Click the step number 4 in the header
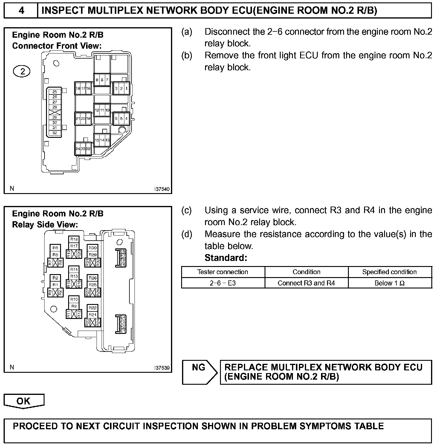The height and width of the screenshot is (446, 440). pyautogui.click(x=21, y=11)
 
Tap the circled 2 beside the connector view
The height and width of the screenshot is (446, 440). pyautogui.click(x=22, y=72)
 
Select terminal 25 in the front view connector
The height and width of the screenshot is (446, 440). pyautogui.click(x=55, y=92)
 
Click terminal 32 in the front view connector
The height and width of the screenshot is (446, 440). pyautogui.click(x=55, y=133)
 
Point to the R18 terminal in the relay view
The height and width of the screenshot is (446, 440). pyautogui.click(x=74, y=239)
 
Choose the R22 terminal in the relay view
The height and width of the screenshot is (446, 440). pyautogui.click(x=93, y=308)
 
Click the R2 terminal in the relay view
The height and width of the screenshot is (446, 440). pyautogui.click(x=55, y=278)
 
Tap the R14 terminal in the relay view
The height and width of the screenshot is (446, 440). pyautogui.click(x=74, y=269)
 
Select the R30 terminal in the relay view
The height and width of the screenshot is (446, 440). pyautogui.click(x=93, y=248)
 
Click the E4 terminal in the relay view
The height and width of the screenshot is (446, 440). pyautogui.click(x=123, y=317)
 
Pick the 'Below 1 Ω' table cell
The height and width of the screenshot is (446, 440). pyautogui.click(x=389, y=283)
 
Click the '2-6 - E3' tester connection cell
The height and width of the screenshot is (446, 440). pyautogui.click(x=223, y=283)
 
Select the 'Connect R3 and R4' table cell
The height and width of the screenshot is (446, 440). pyautogui.click(x=306, y=283)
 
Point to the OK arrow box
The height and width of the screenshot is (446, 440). pyautogui.click(x=24, y=401)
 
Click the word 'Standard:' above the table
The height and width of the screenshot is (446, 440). pyautogui.click(x=226, y=258)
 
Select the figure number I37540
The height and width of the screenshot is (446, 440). pyautogui.click(x=162, y=189)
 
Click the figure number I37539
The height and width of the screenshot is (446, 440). pyautogui.click(x=162, y=368)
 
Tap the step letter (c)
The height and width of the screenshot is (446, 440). pyautogui.click(x=187, y=210)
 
